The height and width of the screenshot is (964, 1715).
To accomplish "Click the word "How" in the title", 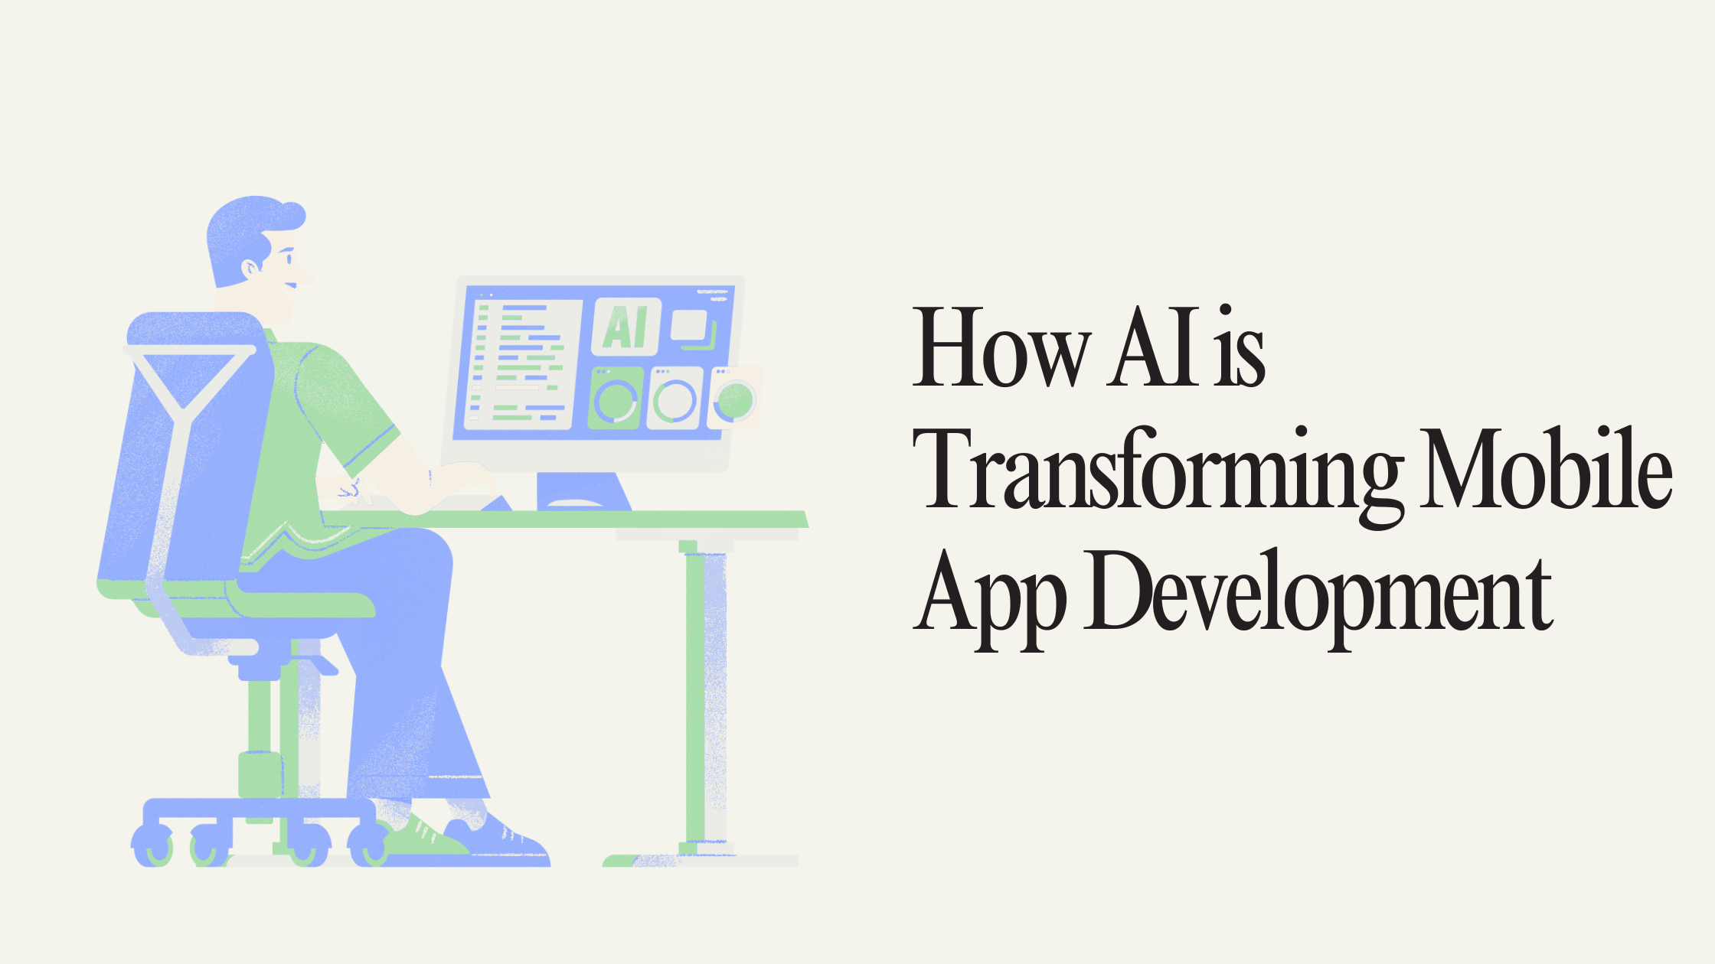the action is click(x=1001, y=347).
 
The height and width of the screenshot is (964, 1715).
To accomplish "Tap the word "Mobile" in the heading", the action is click(x=1547, y=467).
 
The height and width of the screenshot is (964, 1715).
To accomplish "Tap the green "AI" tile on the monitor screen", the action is click(x=627, y=327).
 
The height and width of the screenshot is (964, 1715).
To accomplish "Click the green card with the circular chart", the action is click(x=616, y=398).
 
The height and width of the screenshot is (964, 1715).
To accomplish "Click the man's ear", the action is click(x=251, y=268).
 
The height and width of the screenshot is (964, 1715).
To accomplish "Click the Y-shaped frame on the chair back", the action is click(x=184, y=428).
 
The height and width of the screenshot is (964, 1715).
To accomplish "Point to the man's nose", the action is click(x=306, y=275).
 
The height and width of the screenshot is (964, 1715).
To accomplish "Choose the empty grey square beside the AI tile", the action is click(x=689, y=325).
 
